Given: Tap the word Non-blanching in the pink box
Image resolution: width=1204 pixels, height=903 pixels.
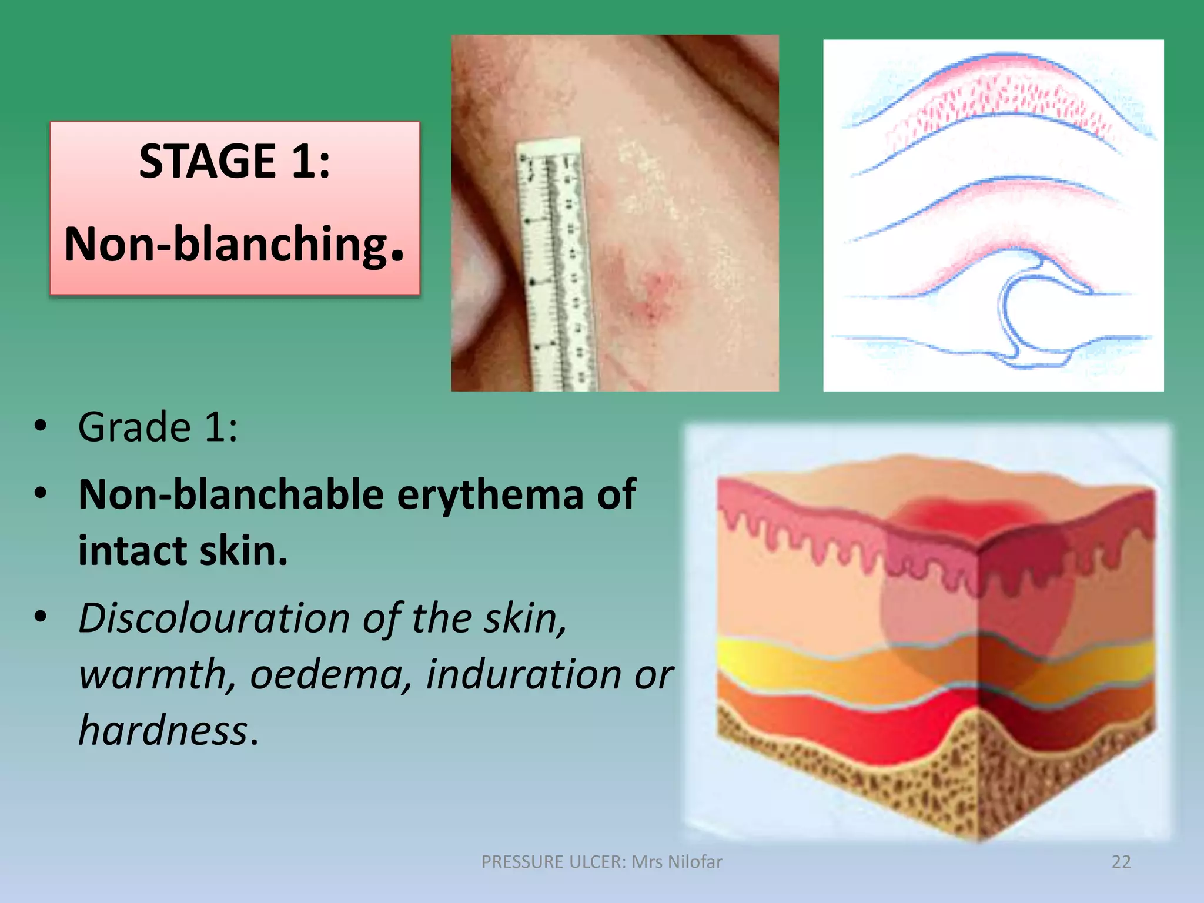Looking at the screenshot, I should [x=226, y=244].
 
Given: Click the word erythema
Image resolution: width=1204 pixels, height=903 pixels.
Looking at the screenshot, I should [x=490, y=494].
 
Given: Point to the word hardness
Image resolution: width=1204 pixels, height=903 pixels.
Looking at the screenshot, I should [x=163, y=731].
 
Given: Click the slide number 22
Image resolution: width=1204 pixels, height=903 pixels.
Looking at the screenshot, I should [x=1121, y=862].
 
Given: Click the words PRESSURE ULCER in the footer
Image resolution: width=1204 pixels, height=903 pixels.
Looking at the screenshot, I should [x=553, y=862].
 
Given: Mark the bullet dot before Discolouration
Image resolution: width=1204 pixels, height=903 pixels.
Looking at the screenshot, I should [x=40, y=617].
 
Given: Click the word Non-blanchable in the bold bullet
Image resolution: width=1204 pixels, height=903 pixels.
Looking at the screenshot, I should [x=231, y=494].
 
